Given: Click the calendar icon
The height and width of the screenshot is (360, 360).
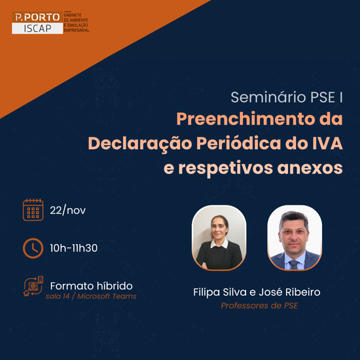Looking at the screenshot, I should pos(33,210).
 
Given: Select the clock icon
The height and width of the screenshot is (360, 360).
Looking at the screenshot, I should pos(33,248).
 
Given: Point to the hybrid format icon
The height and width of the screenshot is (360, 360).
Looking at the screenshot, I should pos(33,287).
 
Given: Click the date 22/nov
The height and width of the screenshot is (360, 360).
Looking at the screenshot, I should pos(68,211).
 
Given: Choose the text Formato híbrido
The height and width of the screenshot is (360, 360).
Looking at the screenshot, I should pos(91,286).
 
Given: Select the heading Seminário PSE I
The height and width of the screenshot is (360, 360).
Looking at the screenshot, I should pos(287,98).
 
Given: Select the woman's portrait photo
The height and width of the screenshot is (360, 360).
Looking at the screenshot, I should pos(219,238).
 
